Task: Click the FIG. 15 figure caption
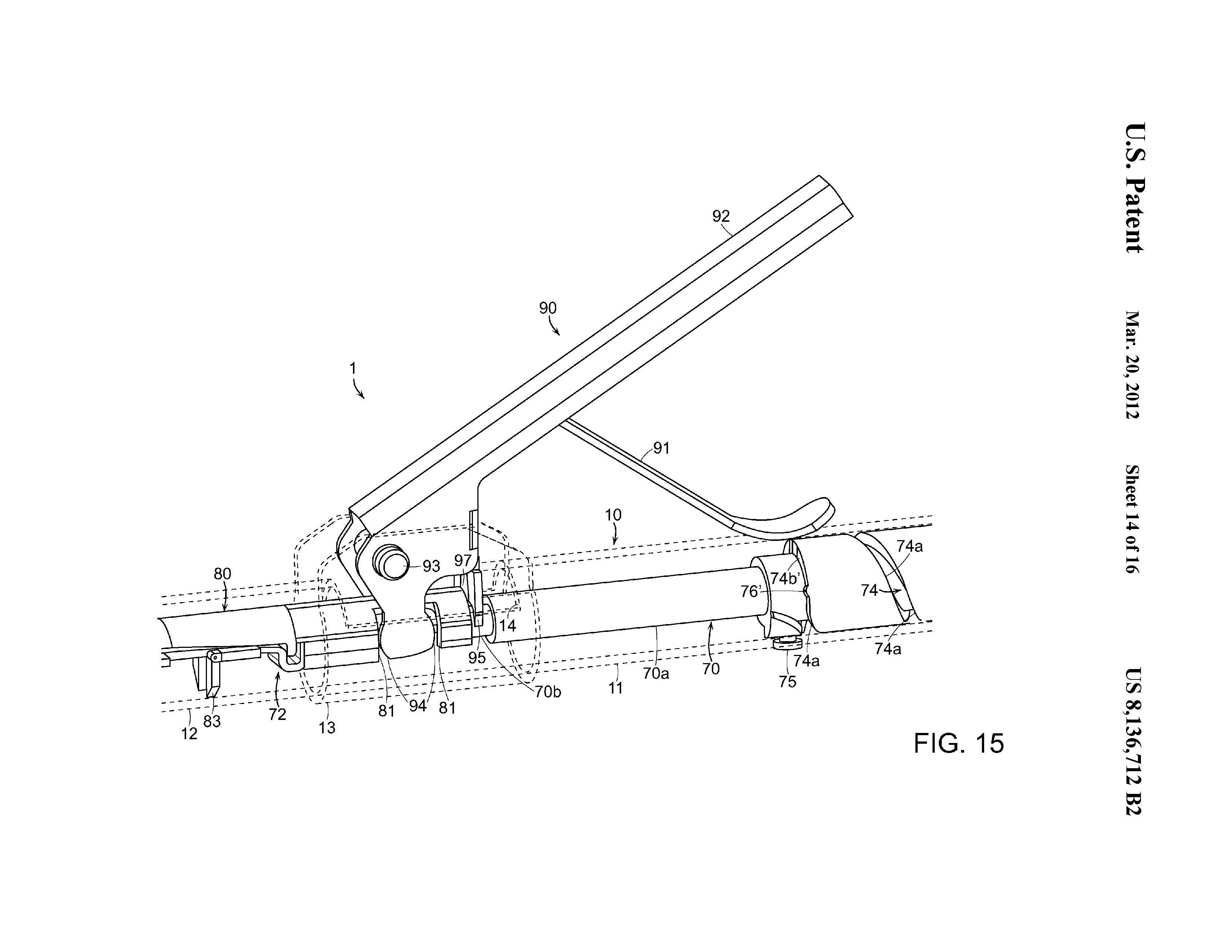point(958,743)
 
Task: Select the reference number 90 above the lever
point(548,308)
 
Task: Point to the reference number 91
point(661,448)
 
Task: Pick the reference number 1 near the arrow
point(353,368)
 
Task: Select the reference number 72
point(277,715)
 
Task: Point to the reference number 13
point(327,728)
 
